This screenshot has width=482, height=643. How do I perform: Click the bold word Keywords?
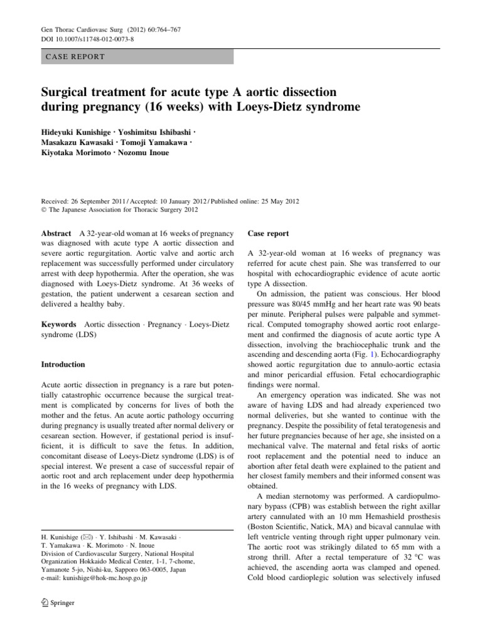pyautogui.click(x=59, y=324)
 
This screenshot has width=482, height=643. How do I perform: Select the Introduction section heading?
pyautogui.click(x=63, y=364)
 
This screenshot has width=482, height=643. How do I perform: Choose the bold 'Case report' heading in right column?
pyautogui.click(x=269, y=234)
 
